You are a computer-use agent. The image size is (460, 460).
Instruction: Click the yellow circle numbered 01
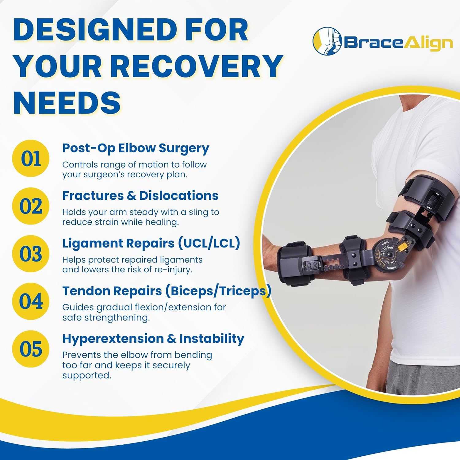click(x=31, y=158)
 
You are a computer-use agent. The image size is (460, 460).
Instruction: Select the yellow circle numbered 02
click(x=31, y=206)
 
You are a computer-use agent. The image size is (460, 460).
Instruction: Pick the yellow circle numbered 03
click(x=31, y=254)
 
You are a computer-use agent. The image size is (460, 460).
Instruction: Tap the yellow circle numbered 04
click(x=31, y=301)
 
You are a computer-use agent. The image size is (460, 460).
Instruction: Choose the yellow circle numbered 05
click(x=31, y=349)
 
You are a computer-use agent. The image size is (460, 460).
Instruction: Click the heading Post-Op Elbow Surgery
click(x=136, y=148)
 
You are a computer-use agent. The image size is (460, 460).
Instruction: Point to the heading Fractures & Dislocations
click(x=140, y=196)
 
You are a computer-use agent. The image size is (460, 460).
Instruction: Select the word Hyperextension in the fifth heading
click(x=113, y=339)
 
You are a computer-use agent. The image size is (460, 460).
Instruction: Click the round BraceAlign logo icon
click(x=327, y=41)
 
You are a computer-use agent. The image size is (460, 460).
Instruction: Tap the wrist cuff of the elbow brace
click(x=296, y=261)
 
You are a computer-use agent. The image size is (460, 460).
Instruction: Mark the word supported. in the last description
click(x=86, y=375)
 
